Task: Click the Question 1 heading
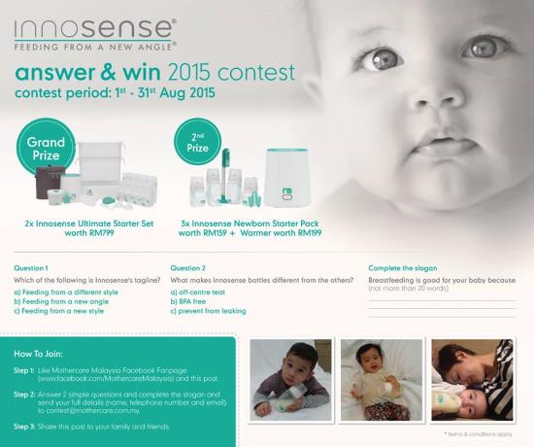(32, 267)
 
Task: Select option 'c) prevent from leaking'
(208, 311)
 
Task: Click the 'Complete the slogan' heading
(403, 267)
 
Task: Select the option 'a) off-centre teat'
(200, 291)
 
